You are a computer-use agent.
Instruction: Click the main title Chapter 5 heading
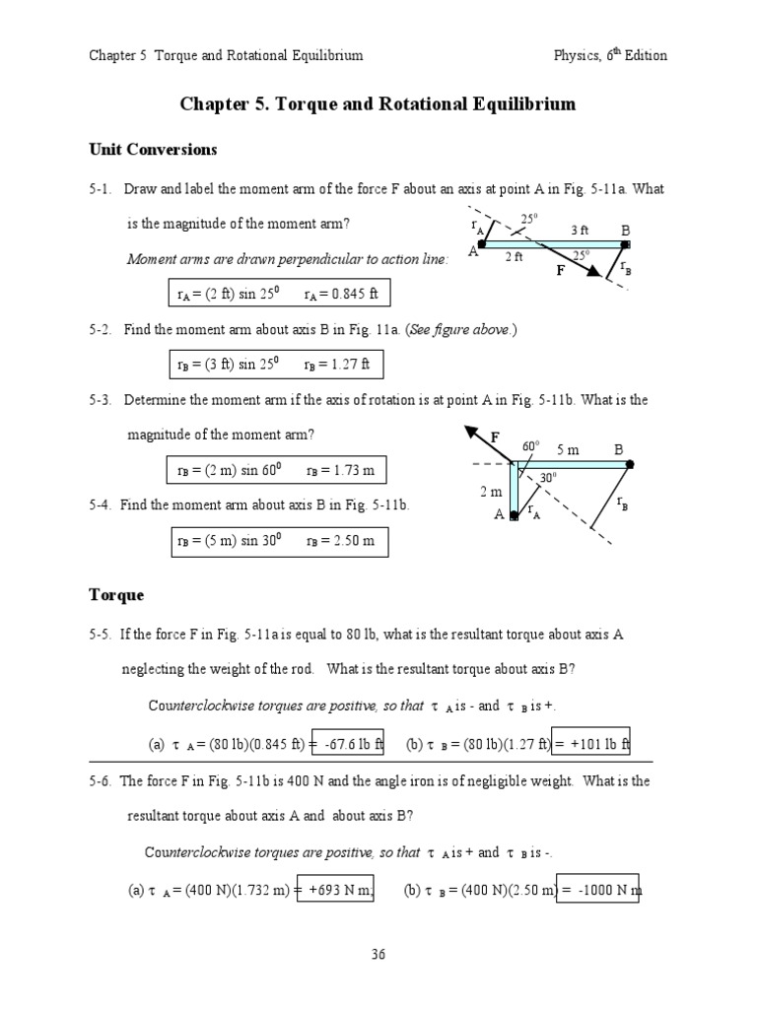(378, 103)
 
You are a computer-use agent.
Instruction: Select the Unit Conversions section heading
(152, 150)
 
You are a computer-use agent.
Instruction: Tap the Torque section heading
(116, 595)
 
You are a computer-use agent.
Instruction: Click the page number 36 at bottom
(378, 953)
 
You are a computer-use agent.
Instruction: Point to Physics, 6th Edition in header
(610, 55)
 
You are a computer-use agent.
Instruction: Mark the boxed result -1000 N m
(597, 890)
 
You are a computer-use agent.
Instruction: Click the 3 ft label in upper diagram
(580, 231)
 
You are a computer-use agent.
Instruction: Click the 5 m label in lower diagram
(568, 450)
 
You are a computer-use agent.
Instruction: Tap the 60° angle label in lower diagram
(531, 446)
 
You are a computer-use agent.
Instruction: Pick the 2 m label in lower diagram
(491, 491)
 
